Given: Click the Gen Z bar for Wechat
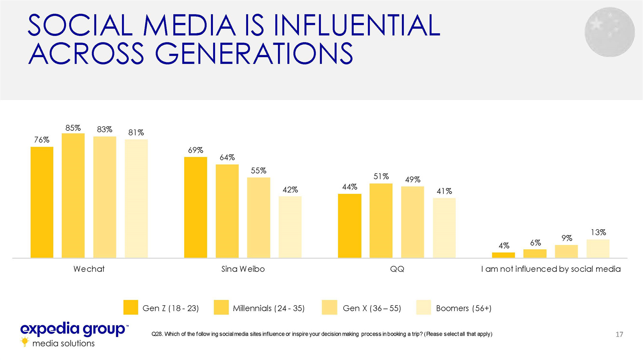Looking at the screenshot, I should (42, 202).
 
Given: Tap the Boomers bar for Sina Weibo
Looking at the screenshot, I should (290, 227).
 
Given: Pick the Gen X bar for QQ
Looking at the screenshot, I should (413, 222).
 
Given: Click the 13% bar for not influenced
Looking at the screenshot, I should (598, 248).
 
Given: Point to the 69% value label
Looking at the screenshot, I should (196, 150).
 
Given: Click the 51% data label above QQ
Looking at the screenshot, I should (381, 176).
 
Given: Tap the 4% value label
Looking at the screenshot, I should (504, 245).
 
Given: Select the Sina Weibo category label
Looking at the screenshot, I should (243, 269).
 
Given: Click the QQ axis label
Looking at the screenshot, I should (397, 269).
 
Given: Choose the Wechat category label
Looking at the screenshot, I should (89, 269).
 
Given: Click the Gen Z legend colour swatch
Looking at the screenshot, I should (130, 308).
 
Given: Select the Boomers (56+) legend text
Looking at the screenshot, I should (463, 308).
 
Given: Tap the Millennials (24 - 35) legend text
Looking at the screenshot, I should (268, 308).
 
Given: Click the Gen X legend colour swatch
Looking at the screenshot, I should (329, 308).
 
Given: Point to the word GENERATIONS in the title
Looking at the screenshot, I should (254, 54).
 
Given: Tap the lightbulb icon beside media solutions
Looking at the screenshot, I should (25, 342).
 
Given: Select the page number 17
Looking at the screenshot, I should (619, 334).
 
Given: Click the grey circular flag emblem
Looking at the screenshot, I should (609, 32).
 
